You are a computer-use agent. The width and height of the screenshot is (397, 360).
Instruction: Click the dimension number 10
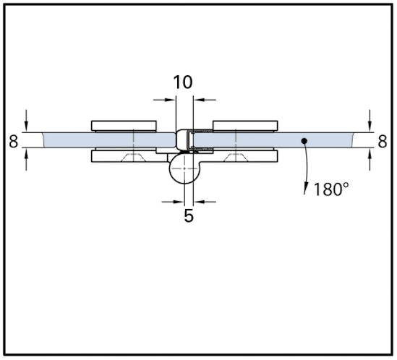coord(183,82)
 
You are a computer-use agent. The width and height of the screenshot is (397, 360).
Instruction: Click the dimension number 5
coord(189,215)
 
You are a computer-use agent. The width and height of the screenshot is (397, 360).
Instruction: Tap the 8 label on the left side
coord(14,141)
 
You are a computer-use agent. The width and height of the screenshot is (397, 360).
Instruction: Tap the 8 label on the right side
coord(383,141)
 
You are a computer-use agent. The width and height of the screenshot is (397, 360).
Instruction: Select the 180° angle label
coord(331,189)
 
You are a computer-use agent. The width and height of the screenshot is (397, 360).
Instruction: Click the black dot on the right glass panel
coord(304,140)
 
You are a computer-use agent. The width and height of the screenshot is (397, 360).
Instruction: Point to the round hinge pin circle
coord(185,168)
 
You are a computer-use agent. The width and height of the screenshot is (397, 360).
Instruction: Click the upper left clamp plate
coord(124,126)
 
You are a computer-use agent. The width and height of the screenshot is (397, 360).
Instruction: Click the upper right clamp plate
coord(245,126)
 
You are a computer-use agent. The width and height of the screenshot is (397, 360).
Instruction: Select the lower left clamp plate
coord(129,156)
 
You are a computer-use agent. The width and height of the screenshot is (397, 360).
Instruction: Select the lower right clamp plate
coord(239,156)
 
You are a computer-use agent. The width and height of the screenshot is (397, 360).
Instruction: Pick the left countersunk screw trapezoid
coord(133,157)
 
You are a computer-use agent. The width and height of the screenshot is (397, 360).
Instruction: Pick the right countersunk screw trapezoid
coord(236,157)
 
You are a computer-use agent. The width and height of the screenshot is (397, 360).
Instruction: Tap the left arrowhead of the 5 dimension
coord(179,202)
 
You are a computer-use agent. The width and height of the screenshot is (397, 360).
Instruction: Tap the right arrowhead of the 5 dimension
coord(199,202)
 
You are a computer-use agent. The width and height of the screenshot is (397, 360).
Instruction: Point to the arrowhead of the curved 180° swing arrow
coord(306,189)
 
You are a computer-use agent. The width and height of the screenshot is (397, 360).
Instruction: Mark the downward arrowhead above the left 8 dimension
coord(26,127)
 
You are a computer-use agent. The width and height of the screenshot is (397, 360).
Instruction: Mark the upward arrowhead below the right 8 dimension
coord(370,153)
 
